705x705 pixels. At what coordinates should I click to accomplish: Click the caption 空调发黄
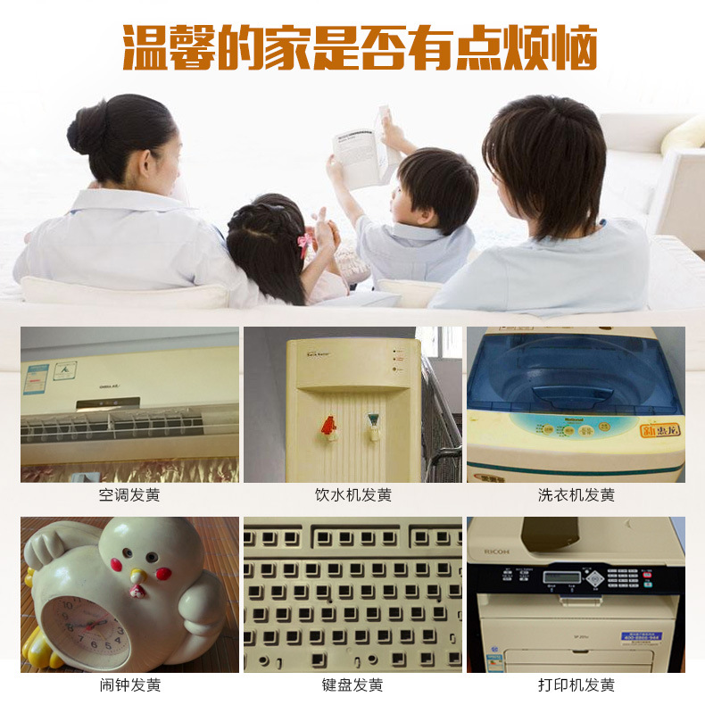129,494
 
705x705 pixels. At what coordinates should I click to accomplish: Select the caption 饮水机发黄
352,494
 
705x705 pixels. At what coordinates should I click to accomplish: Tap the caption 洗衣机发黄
576,494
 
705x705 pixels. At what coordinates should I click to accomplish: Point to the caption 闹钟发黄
129,685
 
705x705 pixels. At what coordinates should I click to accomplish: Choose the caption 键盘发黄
352,685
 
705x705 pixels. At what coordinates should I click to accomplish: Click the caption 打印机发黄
576,685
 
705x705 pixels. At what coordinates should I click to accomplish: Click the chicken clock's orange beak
137,577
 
